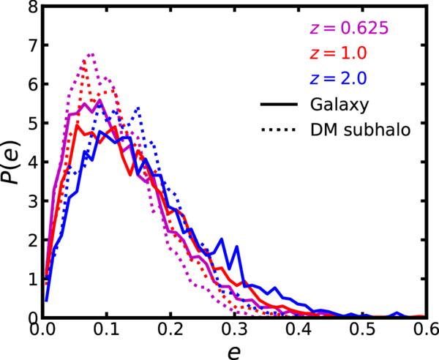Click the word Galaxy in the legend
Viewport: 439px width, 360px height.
coord(337,105)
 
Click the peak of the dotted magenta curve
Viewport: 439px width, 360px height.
coord(91,53)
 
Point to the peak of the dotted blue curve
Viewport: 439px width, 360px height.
coord(137,108)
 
